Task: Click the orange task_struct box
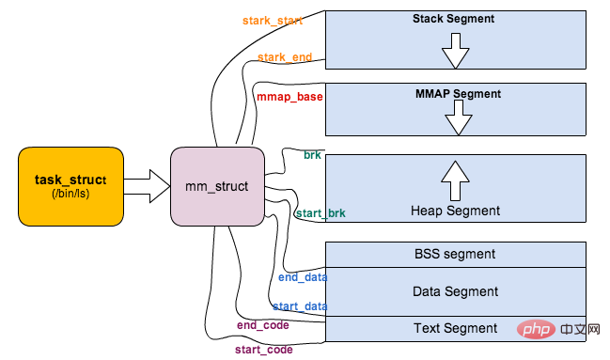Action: coord(70,186)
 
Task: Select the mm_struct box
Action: coord(217,186)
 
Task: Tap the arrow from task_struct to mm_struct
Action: coord(147,186)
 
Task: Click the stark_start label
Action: coord(273,21)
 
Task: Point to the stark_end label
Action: coord(285,57)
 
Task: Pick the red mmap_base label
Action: coord(289,97)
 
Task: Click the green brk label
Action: coord(312,155)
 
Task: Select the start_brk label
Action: coord(321,213)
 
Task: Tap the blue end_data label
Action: coord(303,277)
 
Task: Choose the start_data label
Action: coord(300,306)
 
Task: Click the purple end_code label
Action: coord(263,325)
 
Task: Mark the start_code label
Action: coord(264,350)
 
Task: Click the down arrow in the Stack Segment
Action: coord(455,51)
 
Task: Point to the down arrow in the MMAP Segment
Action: coord(459,117)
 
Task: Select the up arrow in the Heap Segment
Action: coord(455,181)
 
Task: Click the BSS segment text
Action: coord(455,254)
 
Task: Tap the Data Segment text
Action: coord(455,291)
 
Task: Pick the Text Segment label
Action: coord(455,328)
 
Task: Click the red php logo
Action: coord(536,330)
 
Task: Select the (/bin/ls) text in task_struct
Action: coord(70,194)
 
